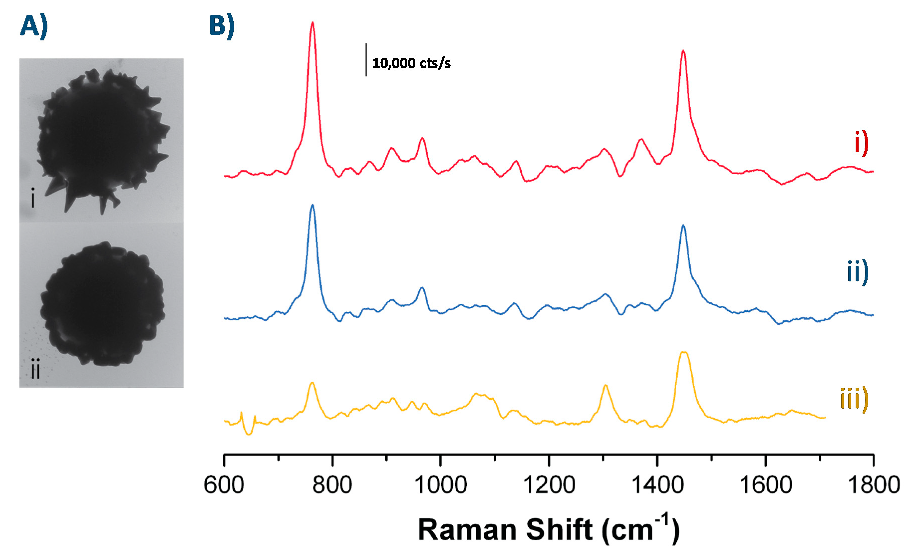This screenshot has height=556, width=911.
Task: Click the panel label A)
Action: click(x=34, y=27)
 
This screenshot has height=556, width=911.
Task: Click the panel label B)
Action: click(x=221, y=27)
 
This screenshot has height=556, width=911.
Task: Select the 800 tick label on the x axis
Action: click(x=332, y=485)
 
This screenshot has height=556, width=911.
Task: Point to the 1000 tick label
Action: click(x=440, y=485)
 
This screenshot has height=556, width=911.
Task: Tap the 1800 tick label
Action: click(x=873, y=485)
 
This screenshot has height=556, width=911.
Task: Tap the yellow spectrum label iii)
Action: click(x=854, y=400)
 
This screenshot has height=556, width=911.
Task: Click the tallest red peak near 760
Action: click(x=312, y=24)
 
